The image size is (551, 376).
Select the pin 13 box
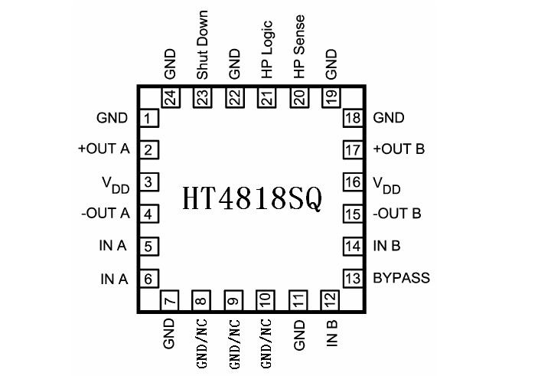(x=352, y=278)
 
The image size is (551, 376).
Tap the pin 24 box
(x=171, y=98)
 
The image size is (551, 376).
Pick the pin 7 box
(x=171, y=299)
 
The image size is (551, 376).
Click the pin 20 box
(x=298, y=98)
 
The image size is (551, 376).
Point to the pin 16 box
(x=352, y=182)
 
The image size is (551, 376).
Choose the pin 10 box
(x=266, y=299)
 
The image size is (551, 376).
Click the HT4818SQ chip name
(x=252, y=198)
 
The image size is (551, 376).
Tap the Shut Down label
(x=203, y=45)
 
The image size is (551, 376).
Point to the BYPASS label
(x=402, y=278)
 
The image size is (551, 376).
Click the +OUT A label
(x=103, y=149)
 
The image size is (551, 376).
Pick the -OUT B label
(x=396, y=214)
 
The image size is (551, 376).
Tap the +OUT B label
(x=398, y=149)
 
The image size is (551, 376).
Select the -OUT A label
(x=105, y=214)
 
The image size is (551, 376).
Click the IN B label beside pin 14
(x=387, y=246)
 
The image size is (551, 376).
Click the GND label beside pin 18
(x=389, y=118)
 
